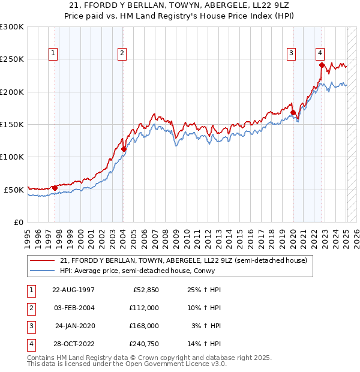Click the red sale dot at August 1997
tap(55, 188)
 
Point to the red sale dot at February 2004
tap(123, 149)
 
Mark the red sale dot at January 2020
tap(293, 112)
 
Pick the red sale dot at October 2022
tap(322, 65)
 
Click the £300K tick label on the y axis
tap(11, 27)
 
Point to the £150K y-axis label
tap(11, 124)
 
